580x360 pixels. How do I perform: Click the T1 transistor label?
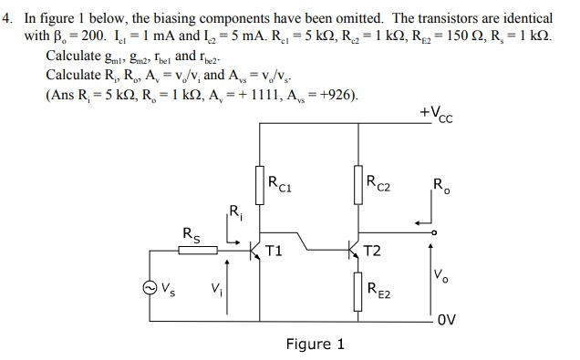pyautogui.click(x=274, y=251)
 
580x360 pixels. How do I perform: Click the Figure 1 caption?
pyautogui.click(x=315, y=345)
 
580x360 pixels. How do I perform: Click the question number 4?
pyautogui.click(x=7, y=18)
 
